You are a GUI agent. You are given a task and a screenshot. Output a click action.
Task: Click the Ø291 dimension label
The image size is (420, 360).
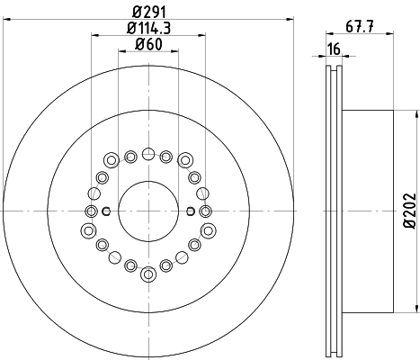(x=149, y=13)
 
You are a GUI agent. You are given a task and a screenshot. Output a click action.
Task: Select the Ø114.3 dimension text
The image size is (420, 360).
(x=149, y=28)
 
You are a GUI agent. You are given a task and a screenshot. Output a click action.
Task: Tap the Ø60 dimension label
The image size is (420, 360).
(x=148, y=44)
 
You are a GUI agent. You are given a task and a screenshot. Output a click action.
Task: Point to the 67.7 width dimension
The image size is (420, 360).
(x=360, y=27)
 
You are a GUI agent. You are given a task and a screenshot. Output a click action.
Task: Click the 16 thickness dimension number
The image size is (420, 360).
(x=334, y=49)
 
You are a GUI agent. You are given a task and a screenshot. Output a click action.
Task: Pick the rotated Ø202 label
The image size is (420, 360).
(x=410, y=211)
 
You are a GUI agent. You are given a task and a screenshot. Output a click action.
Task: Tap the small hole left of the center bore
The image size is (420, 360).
(x=106, y=211)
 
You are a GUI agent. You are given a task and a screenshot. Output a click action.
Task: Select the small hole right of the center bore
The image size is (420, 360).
(x=191, y=211)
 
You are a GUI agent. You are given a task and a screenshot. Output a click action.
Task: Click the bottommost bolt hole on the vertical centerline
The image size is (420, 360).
(x=148, y=274)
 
